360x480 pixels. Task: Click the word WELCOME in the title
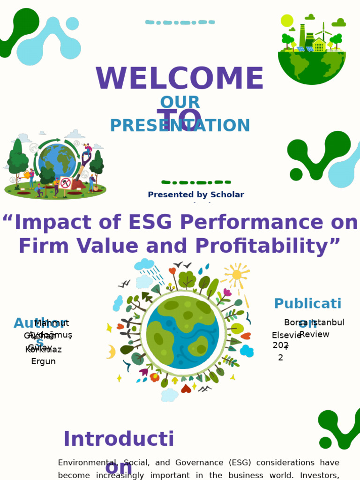(180, 80)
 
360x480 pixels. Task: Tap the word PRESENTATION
(180, 126)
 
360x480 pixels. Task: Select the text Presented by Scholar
(196, 195)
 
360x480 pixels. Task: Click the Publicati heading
(307, 304)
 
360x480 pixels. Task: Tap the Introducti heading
(119, 439)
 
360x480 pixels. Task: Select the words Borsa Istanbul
(314, 322)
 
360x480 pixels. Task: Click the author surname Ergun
(43, 361)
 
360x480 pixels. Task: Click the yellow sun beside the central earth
(237, 275)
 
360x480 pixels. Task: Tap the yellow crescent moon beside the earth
(111, 352)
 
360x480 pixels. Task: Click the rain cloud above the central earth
(144, 265)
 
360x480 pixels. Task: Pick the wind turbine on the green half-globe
(323, 34)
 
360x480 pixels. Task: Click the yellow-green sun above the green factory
(287, 21)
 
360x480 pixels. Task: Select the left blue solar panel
(300, 49)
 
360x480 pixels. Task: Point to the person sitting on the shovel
(87, 150)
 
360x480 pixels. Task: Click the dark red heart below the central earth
(186, 389)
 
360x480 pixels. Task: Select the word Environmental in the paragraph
(86, 463)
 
